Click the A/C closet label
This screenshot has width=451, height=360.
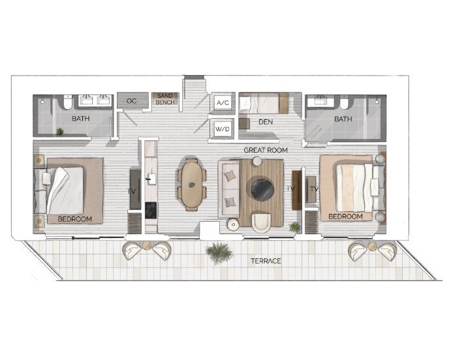tap(221, 103)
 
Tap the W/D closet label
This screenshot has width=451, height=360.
tap(221, 128)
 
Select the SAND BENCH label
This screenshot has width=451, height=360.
tap(164, 100)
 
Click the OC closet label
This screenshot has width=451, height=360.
tap(131, 100)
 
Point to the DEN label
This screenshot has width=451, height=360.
tap(265, 121)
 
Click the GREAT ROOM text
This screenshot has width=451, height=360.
tap(266, 150)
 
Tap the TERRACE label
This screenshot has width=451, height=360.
tap(266, 261)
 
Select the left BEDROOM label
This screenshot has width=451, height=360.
tap(74, 218)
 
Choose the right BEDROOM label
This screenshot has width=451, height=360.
tap(345, 216)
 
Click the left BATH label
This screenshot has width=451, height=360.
tap(81, 119)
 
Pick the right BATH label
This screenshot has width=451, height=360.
tap(343, 119)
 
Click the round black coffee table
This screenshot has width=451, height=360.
tap(262, 189)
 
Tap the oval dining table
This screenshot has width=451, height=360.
tap(192, 184)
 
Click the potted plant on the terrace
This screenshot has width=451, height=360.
tap(217, 252)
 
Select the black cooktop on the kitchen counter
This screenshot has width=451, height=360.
tap(150, 211)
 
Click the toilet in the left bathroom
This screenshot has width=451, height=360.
tap(67, 103)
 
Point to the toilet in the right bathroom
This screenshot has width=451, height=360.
tap(344, 103)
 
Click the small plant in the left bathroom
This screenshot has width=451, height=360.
tap(60, 132)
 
